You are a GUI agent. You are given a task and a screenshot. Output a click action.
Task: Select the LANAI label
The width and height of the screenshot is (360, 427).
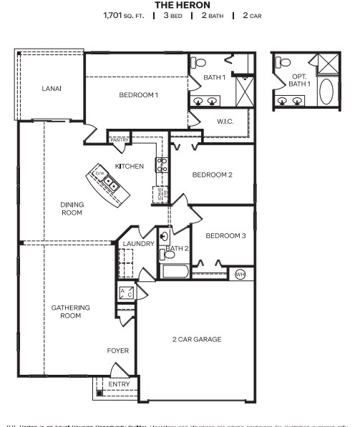point(51,88)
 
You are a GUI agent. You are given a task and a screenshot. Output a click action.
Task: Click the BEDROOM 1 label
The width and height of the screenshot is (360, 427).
point(138,95)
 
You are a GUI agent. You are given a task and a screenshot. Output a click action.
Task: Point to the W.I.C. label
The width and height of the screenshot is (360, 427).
point(225,122)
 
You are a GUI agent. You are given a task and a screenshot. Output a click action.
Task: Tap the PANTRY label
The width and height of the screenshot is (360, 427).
point(119,140)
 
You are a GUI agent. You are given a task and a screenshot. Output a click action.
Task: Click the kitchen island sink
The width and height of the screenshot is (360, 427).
point(110,184)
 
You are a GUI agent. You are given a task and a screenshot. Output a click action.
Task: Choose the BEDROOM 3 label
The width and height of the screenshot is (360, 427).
point(225,235)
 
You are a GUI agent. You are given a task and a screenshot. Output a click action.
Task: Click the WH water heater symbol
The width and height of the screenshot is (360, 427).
point(240,274)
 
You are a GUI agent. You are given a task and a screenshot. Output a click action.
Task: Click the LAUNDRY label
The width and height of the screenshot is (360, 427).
point(138,244)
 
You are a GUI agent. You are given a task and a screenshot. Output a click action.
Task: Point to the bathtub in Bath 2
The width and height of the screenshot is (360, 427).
point(175,272)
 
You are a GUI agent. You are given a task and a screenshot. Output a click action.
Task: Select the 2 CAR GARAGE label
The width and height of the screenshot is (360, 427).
point(197,339)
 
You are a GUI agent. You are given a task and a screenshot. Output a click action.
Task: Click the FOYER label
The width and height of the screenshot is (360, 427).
point(117,351)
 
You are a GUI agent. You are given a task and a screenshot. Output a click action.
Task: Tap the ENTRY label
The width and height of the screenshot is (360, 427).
point(119,385)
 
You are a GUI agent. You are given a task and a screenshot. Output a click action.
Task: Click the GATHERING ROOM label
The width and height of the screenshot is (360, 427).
point(70,312)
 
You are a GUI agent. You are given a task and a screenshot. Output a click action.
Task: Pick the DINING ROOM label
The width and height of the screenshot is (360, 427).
point(72,209)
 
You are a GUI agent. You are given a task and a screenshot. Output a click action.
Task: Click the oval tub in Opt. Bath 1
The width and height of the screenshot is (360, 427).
point(326,92)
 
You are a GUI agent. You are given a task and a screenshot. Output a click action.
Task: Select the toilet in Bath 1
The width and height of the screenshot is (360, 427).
point(200,62)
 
